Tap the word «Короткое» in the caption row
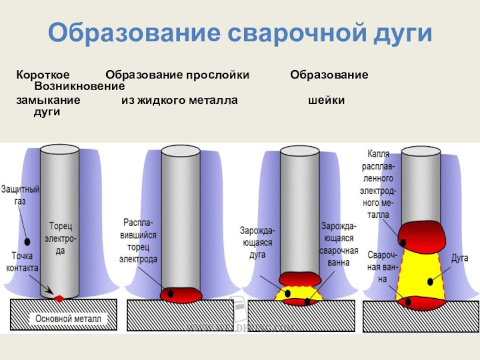coord(43,76)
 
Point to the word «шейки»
coord(326,100)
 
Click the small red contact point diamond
coord(59,298)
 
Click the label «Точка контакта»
coord(22,262)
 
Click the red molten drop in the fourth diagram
coord(423,233)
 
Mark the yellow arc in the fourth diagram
coord(424,273)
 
